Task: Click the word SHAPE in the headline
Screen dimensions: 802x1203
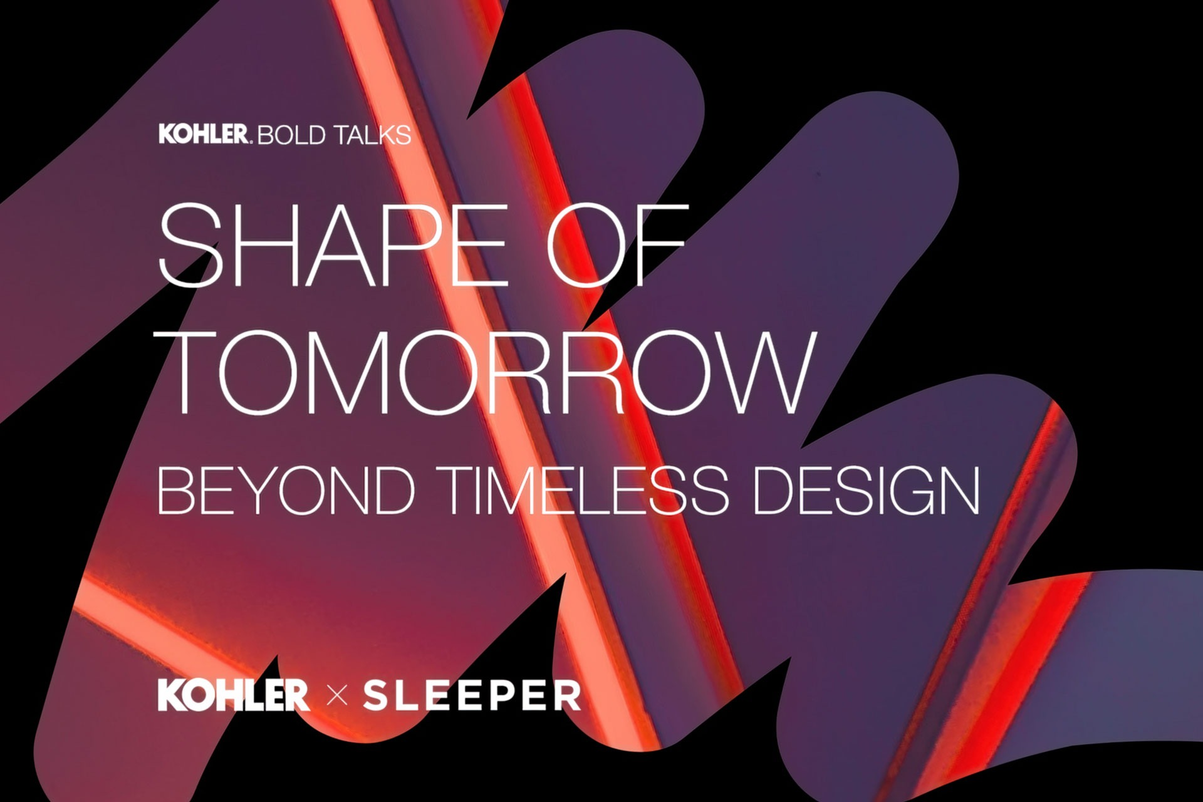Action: [332, 245]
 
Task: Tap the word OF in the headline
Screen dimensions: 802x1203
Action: [617, 245]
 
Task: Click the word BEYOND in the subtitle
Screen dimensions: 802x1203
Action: [286, 491]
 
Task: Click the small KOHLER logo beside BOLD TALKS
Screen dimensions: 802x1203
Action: [204, 134]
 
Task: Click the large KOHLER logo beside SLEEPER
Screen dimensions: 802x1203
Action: [233, 695]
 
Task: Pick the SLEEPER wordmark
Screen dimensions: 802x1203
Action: [472, 695]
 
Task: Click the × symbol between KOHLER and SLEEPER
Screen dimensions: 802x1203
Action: [337, 696]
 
